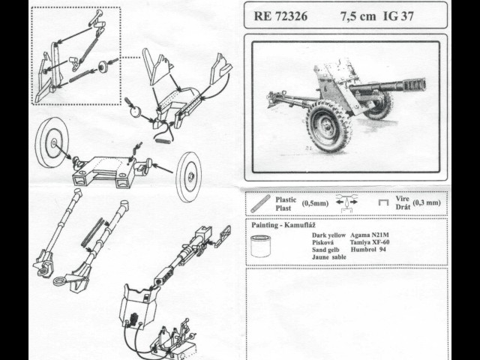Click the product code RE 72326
coord(280,16)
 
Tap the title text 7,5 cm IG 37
coord(376,16)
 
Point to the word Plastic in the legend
coord(286,200)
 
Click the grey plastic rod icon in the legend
coord(260,203)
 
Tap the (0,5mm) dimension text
coord(315,203)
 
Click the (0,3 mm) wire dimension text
coord(427,202)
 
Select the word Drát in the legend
coord(403,207)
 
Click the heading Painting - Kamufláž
coord(283,225)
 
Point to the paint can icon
coord(261,246)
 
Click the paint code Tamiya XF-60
coord(370,242)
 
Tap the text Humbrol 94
coord(368,249)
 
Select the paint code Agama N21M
coord(370,235)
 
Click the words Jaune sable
coord(329,257)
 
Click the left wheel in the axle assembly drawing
coord(52,142)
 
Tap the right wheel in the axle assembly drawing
coord(189,177)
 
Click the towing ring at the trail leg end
coord(58,281)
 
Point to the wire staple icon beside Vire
coord(383,202)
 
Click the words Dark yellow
coord(328,235)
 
